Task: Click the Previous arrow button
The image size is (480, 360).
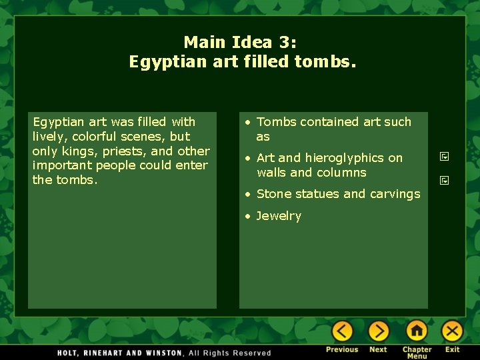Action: pos(342,331)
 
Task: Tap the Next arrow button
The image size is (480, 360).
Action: pos(378,331)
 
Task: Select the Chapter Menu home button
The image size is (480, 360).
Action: pos(417,331)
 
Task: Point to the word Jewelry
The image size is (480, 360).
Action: pos(279,216)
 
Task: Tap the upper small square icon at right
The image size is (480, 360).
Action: pos(444,157)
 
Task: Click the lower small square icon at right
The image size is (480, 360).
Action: pos(444,180)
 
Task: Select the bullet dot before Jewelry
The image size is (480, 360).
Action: pos(247,216)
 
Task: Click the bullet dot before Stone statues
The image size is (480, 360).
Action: pos(247,194)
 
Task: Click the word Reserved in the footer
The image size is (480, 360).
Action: pos(251,353)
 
